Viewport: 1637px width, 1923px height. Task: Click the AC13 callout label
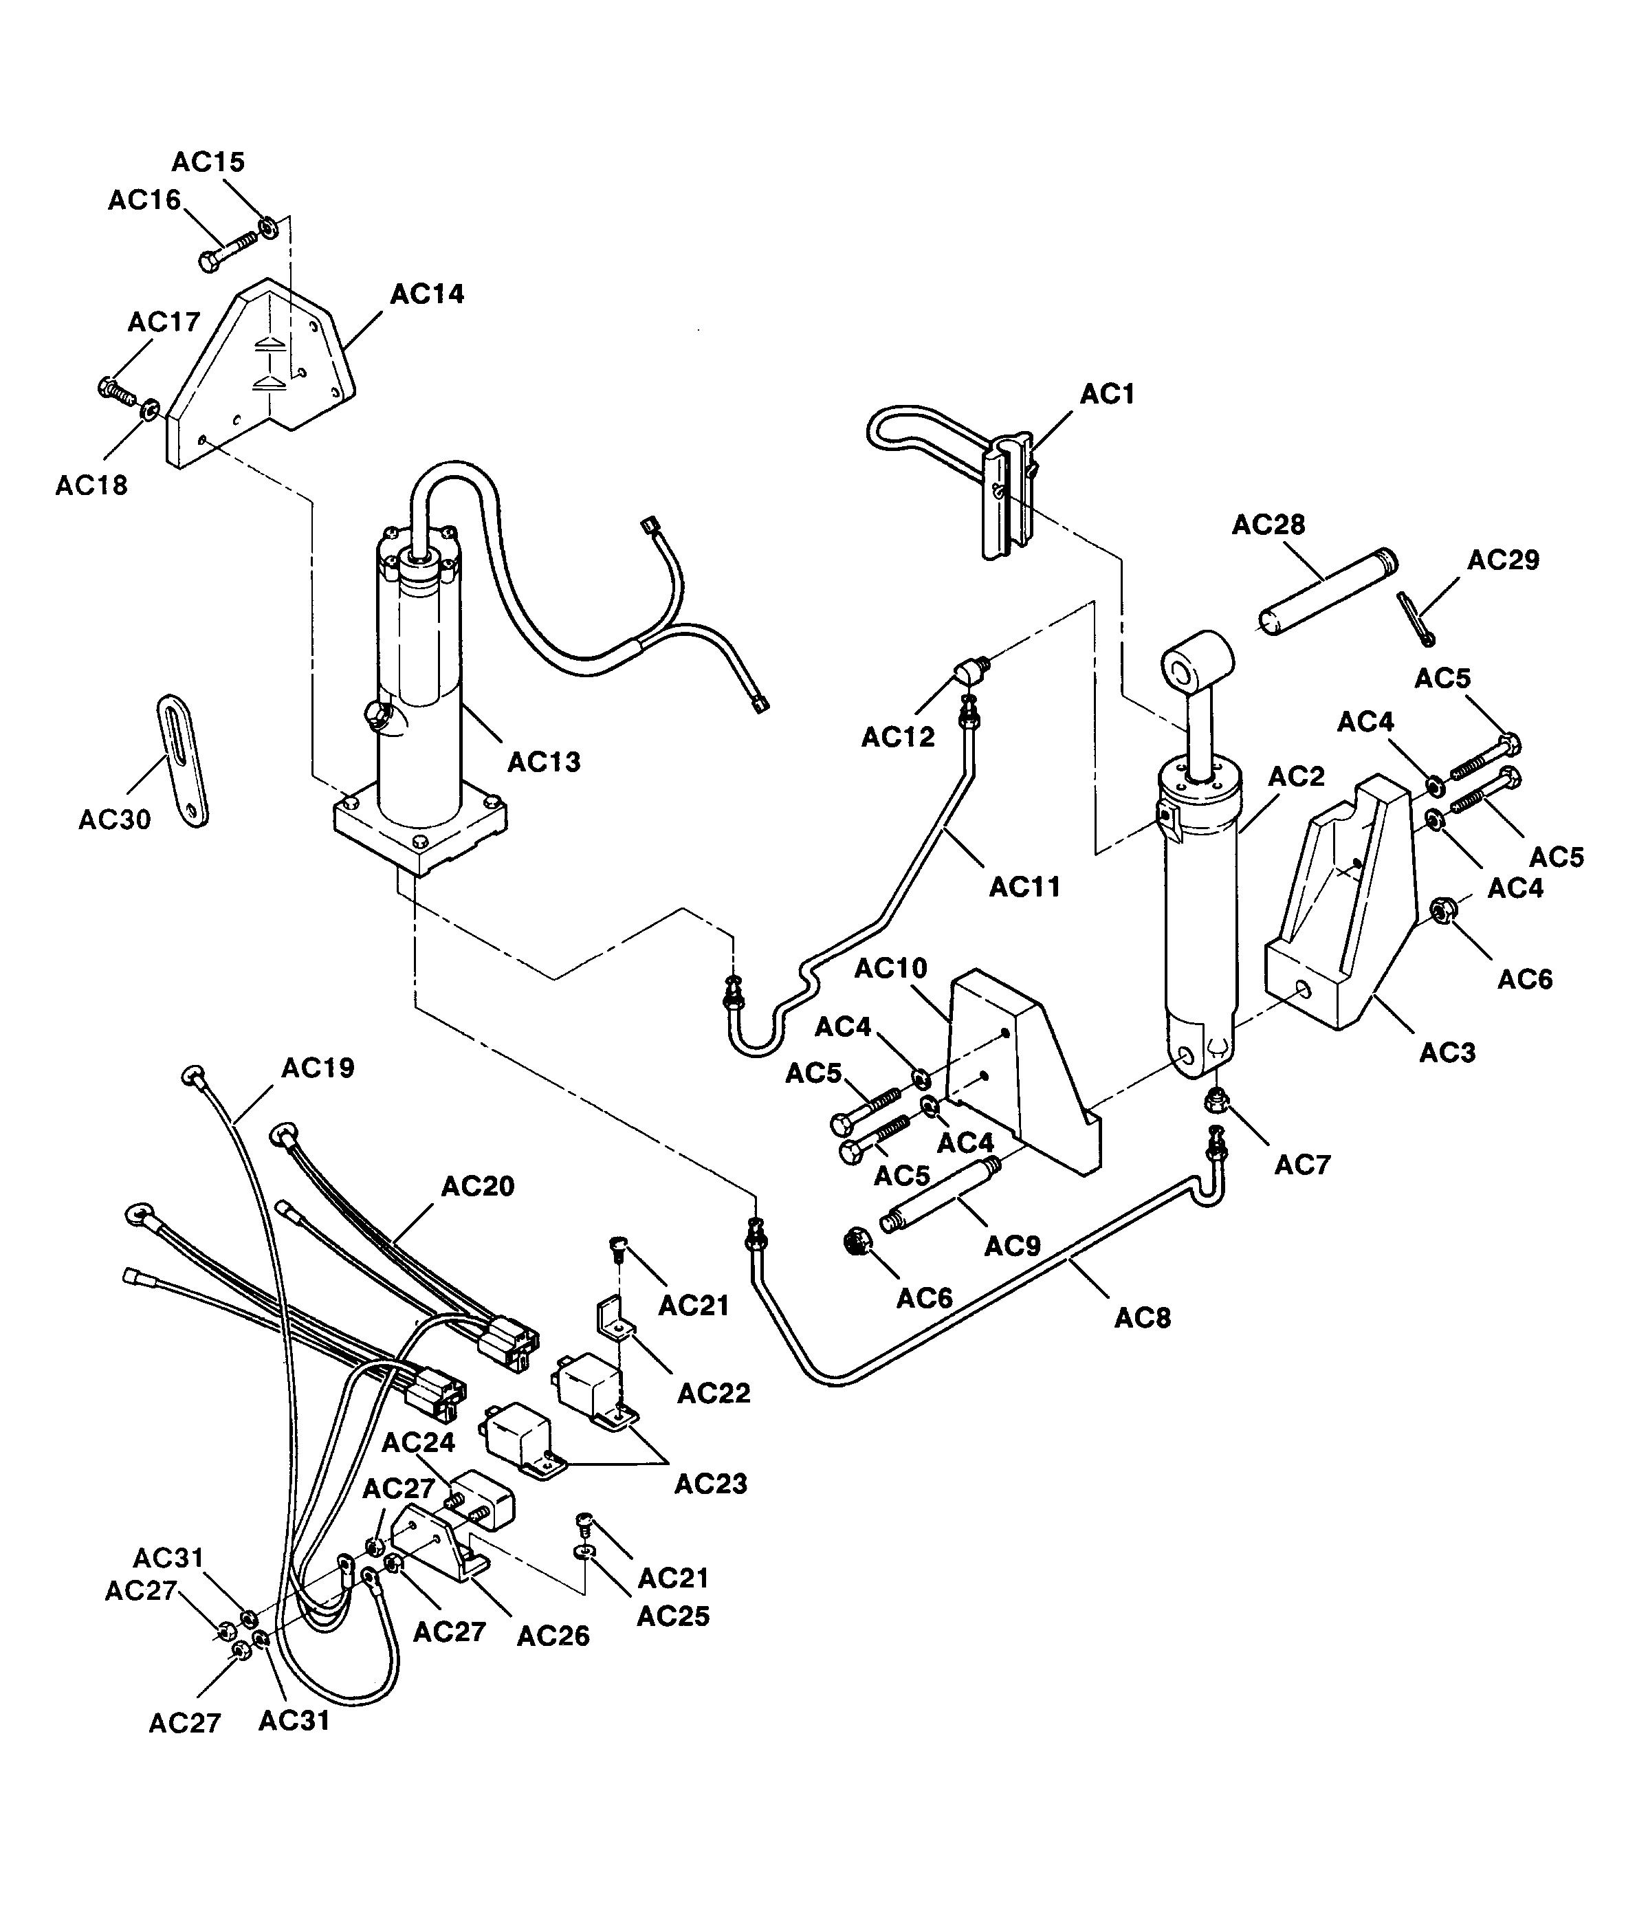coord(544,762)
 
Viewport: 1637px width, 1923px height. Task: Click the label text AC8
coord(1143,1318)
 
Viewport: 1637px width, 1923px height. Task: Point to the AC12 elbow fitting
coord(971,668)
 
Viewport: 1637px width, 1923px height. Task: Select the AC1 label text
coord(1107,395)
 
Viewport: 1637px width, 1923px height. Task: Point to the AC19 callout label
coord(318,1068)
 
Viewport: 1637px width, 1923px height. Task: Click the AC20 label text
coord(477,1186)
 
